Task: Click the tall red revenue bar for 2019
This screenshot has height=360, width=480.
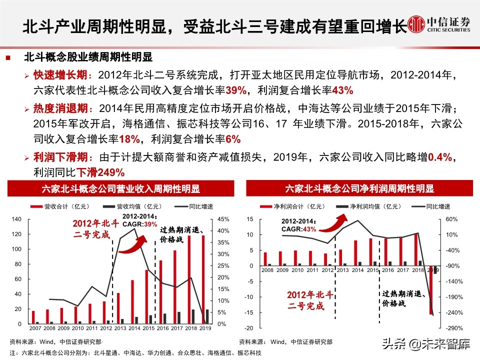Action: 203,280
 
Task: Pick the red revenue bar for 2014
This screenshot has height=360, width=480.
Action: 132,302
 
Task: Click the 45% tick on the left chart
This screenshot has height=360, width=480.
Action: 223,219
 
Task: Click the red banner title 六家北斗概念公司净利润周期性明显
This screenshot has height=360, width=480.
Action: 359,189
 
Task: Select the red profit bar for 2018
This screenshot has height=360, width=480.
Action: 415,249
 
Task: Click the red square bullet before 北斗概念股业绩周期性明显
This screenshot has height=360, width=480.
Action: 8,58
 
